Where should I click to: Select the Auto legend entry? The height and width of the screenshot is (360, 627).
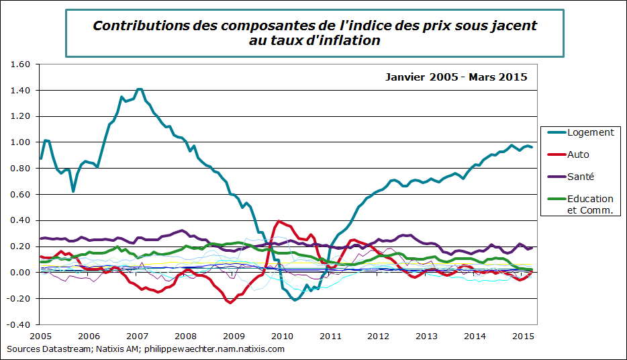[578, 154]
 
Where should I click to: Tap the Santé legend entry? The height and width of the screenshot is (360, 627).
[580, 177]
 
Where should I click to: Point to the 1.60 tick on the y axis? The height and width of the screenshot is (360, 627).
[21, 64]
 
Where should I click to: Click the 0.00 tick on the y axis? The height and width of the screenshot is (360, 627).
[21, 273]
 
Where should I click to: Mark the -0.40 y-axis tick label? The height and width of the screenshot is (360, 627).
[20, 324]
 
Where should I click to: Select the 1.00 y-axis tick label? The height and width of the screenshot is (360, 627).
[21, 142]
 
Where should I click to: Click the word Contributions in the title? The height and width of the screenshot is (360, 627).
[140, 26]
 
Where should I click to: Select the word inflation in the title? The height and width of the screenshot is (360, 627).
[349, 40]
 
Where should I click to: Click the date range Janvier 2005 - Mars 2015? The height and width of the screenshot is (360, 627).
[456, 77]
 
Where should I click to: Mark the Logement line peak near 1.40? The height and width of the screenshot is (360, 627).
[138, 89]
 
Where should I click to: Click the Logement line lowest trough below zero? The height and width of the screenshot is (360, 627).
[295, 300]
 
